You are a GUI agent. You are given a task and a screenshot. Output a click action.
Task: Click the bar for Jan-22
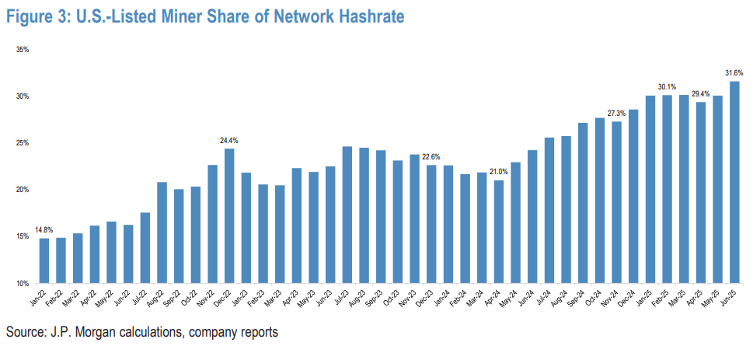44,260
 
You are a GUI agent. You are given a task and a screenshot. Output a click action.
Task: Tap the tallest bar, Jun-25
733,182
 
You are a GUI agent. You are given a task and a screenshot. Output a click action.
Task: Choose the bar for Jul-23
347,215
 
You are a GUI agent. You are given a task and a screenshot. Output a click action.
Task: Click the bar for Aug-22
162,232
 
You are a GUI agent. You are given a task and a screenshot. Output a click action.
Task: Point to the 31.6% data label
734,72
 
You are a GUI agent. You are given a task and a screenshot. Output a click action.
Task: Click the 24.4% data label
229,140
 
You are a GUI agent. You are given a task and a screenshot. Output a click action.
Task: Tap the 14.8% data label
44,230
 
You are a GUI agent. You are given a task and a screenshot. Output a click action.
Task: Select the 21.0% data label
498,172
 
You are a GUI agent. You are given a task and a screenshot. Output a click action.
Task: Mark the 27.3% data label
616,113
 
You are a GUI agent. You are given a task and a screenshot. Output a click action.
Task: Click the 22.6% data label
431,156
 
